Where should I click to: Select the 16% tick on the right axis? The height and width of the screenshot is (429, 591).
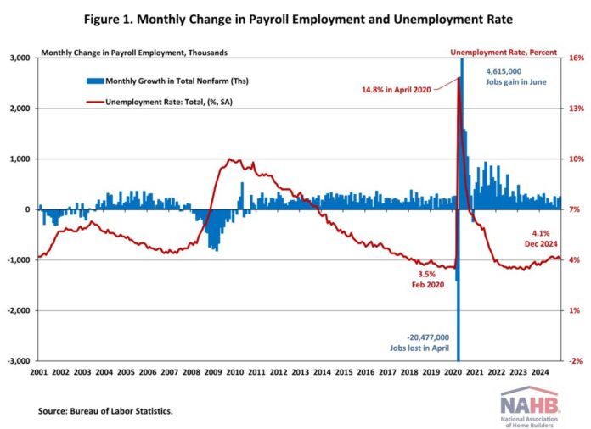[574, 58]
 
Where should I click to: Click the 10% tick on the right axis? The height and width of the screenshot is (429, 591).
[574, 159]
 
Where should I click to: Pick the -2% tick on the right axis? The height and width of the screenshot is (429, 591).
[574, 361]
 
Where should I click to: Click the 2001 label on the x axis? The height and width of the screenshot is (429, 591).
[38, 371]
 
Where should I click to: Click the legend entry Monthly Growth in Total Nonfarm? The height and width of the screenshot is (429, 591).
[161, 81]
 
